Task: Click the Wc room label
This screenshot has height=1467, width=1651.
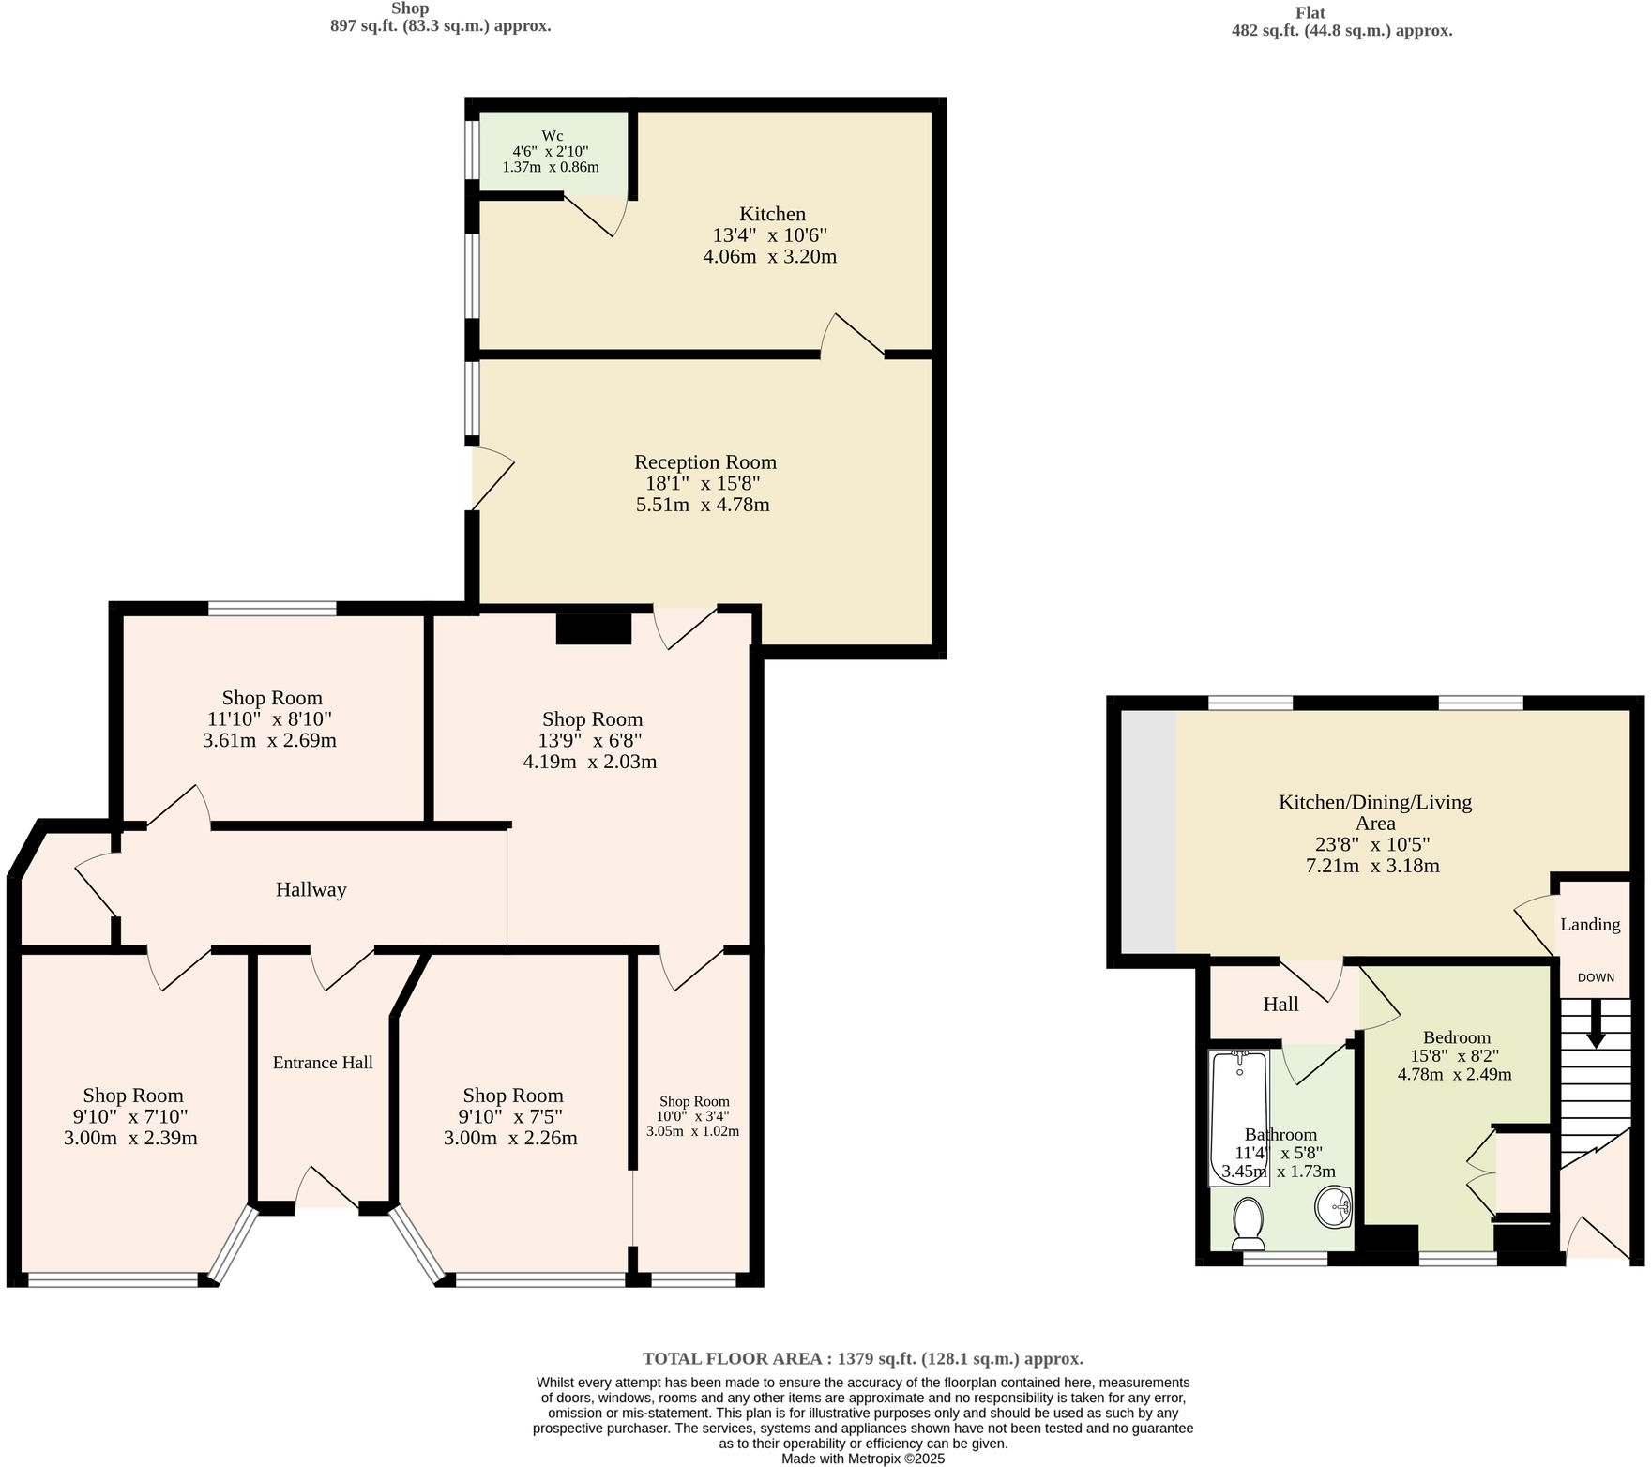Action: tap(553, 136)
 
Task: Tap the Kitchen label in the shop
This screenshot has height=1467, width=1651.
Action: tap(772, 214)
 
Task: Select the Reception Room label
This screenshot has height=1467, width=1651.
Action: tap(705, 462)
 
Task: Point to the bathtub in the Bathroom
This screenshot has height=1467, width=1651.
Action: tap(1239, 1116)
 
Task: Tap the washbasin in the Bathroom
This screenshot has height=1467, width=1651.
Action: tap(1332, 1206)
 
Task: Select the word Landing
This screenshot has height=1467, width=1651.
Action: tap(1590, 924)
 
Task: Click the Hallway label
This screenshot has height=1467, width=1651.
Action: tap(311, 889)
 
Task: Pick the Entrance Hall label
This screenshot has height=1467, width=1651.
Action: tap(323, 1062)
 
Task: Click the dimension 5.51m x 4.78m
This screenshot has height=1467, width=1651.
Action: tap(703, 505)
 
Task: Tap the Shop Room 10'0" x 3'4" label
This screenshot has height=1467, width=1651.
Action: tap(693, 1102)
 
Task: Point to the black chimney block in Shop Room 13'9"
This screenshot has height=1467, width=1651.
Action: tap(593, 628)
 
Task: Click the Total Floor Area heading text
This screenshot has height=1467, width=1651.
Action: tap(863, 1358)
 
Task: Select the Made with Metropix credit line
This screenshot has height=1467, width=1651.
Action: tap(863, 1459)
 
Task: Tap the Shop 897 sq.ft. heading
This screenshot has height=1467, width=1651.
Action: tap(440, 18)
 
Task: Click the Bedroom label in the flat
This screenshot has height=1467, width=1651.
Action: tap(1456, 1037)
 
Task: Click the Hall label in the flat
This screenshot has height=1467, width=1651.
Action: tap(1280, 1005)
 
